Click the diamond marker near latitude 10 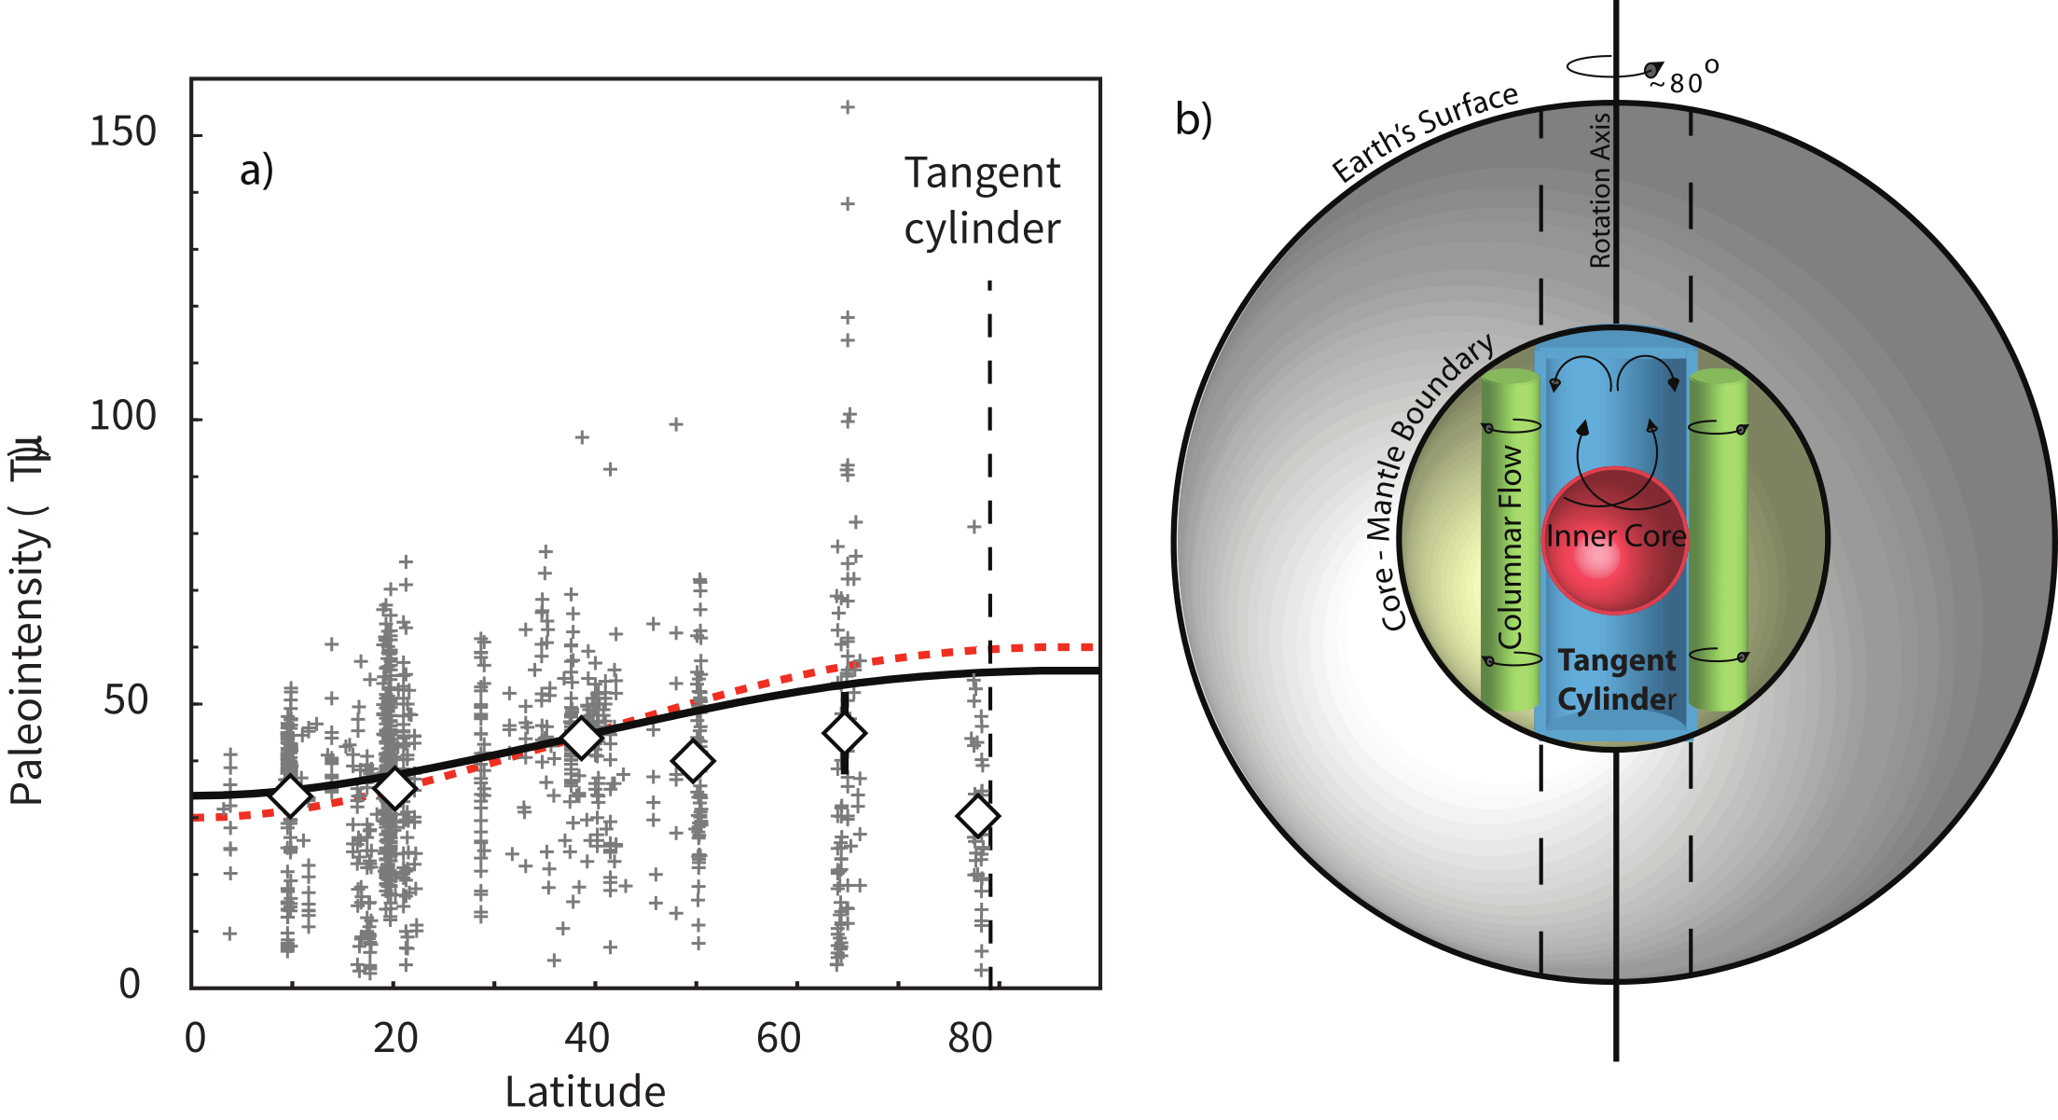[290, 795]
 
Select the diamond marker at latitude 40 [583, 738]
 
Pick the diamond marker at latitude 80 [977, 817]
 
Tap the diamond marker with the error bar [845, 733]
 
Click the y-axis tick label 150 [122, 131]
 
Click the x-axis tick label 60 [779, 1038]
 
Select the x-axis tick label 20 [395, 1038]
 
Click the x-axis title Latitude [585, 1091]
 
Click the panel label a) [256, 171]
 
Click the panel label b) [1194, 119]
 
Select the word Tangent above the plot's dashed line [982, 173]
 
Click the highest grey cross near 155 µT [848, 107]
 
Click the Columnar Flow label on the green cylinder [1511, 546]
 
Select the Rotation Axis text [1600, 191]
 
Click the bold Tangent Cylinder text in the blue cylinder [1616, 680]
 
